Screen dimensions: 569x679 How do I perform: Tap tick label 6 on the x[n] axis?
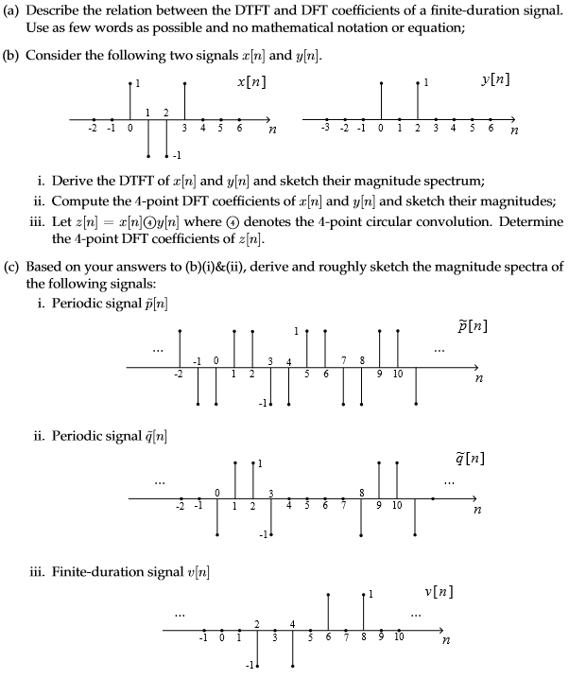tap(239, 127)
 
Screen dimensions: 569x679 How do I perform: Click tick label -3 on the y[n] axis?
tap(326, 127)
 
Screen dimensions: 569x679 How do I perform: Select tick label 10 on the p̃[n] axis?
tap(398, 374)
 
